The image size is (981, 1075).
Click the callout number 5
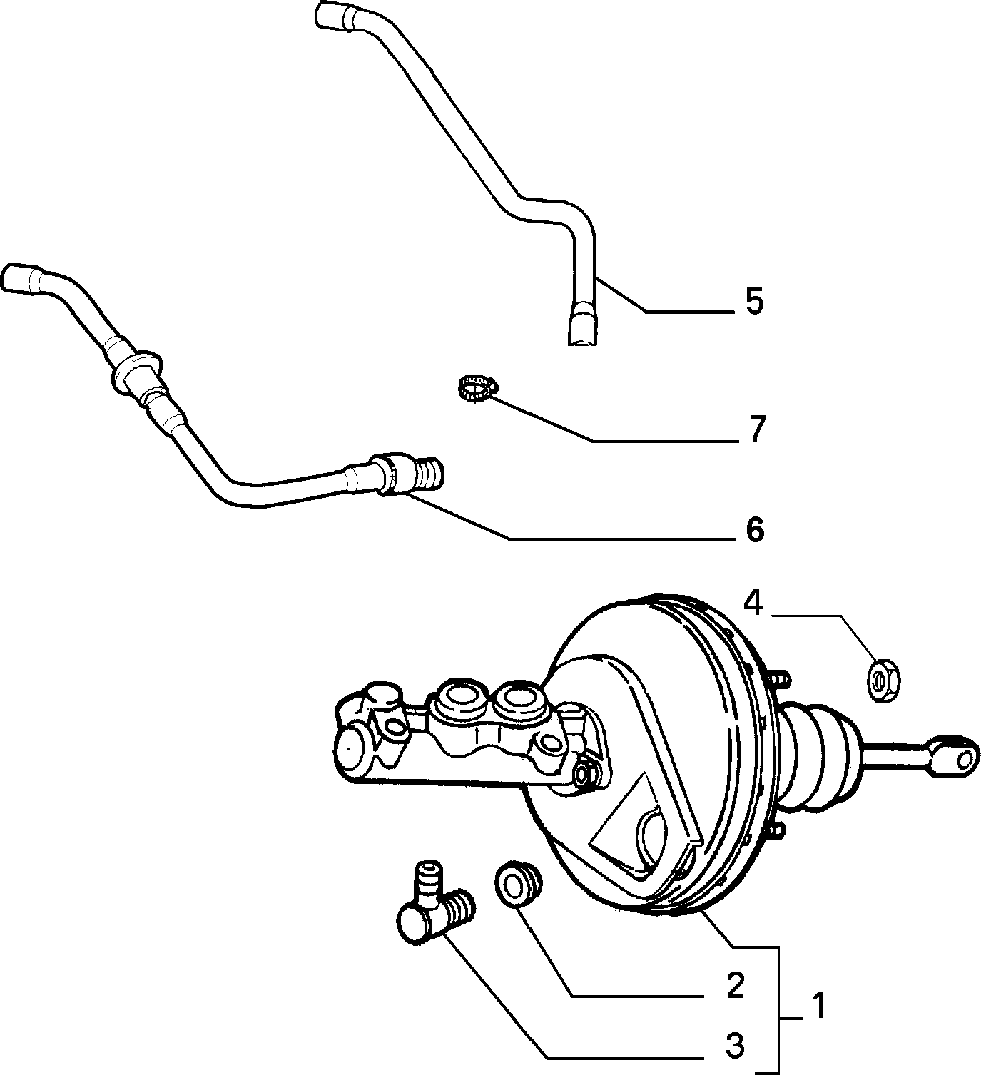754,302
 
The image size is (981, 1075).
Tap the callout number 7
756,429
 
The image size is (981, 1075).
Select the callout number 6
755,530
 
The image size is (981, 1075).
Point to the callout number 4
753,604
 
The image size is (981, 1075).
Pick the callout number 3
735,1046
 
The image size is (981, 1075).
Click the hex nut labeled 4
883,681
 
